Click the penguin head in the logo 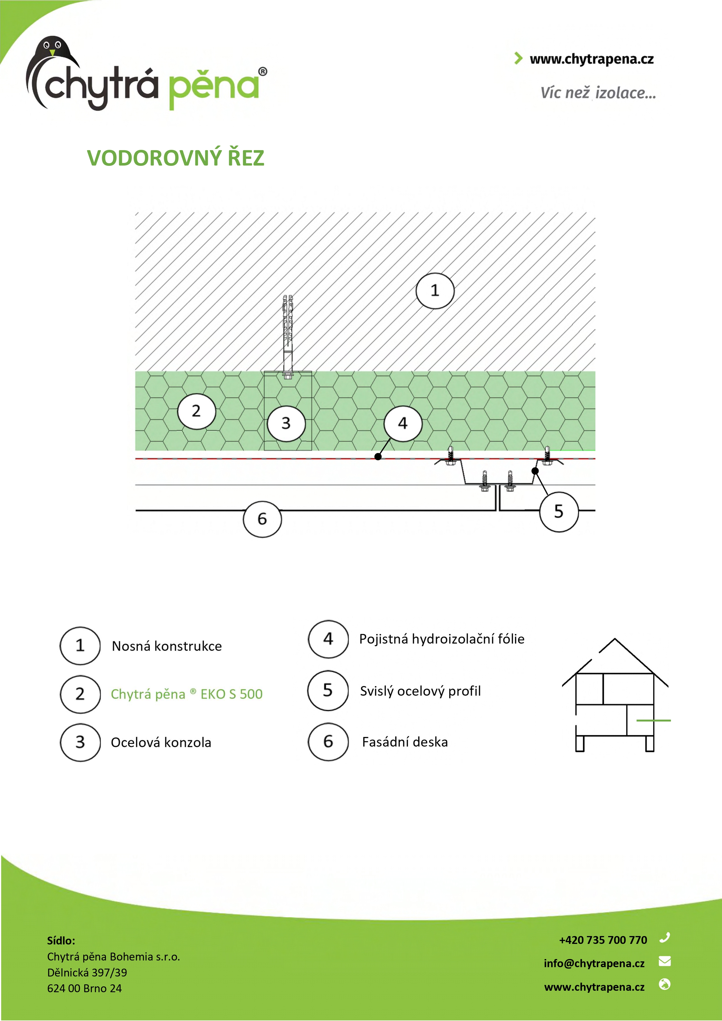[52, 48]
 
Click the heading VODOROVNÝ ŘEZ [176, 158]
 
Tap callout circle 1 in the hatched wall [435, 291]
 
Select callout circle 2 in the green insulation [197, 411]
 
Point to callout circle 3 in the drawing [286, 423]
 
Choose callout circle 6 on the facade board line [262, 519]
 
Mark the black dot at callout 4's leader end [378, 457]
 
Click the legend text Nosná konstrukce [167, 646]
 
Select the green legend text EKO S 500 [231, 694]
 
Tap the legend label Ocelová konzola [161, 743]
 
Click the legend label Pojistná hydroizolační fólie [442, 639]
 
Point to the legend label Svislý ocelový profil [421, 691]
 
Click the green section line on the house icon [654, 720]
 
